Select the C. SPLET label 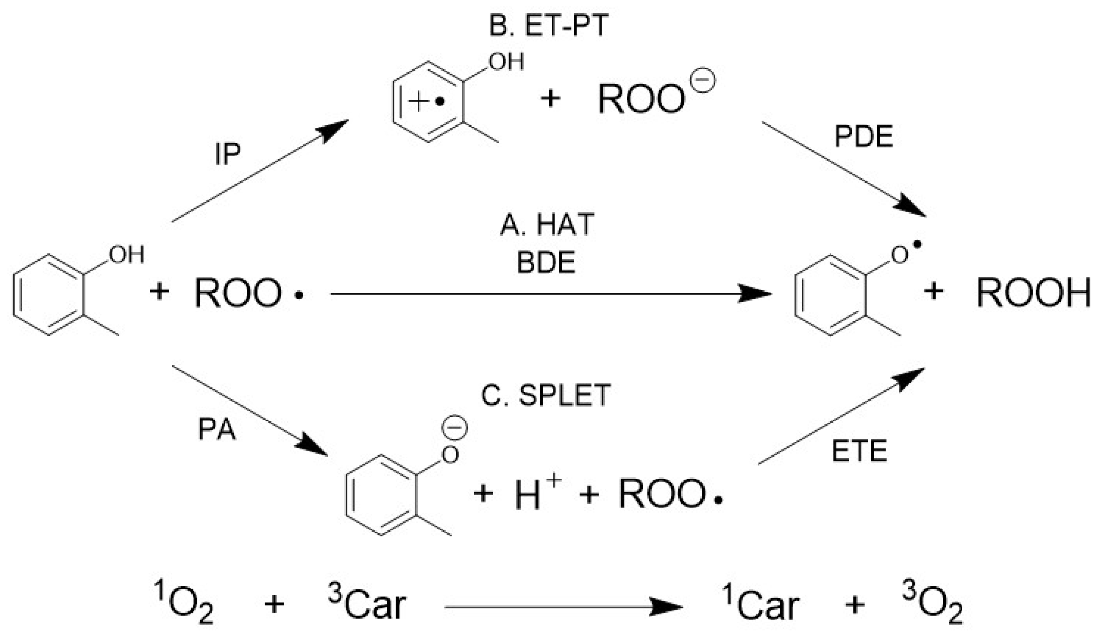[546, 395]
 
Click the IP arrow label [228, 154]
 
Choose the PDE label [863, 137]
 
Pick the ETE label [859, 451]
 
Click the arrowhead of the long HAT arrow [755, 294]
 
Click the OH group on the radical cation [507, 62]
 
